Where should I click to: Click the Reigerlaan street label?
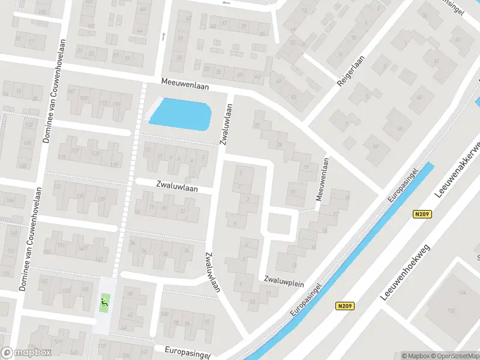coord(348,73)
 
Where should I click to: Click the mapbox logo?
coord(26,352)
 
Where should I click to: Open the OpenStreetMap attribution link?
coord(455,356)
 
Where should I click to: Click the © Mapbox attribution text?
coord(416,356)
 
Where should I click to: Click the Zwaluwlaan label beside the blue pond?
coord(226,124)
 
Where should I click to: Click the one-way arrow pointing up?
coord(163,36)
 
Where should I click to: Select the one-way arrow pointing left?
coord(226,3)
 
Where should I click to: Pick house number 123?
coord(95,154)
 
